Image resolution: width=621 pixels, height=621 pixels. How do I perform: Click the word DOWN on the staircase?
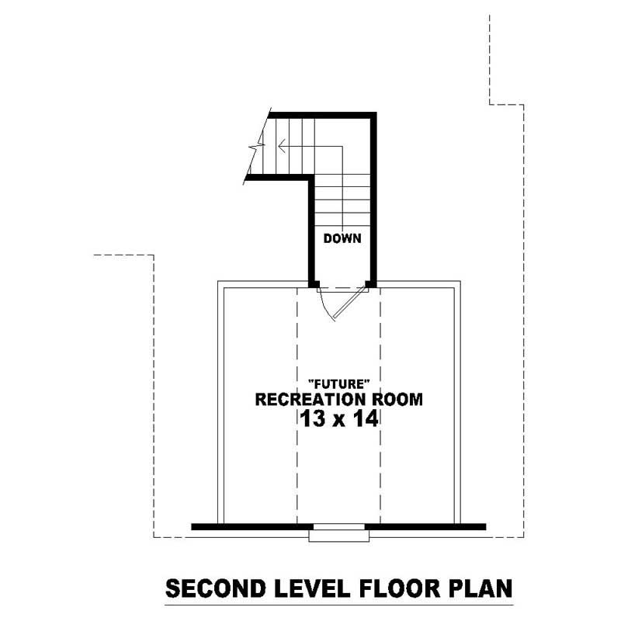point(342,238)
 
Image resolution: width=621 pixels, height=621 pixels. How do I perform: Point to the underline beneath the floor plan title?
point(339,604)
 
